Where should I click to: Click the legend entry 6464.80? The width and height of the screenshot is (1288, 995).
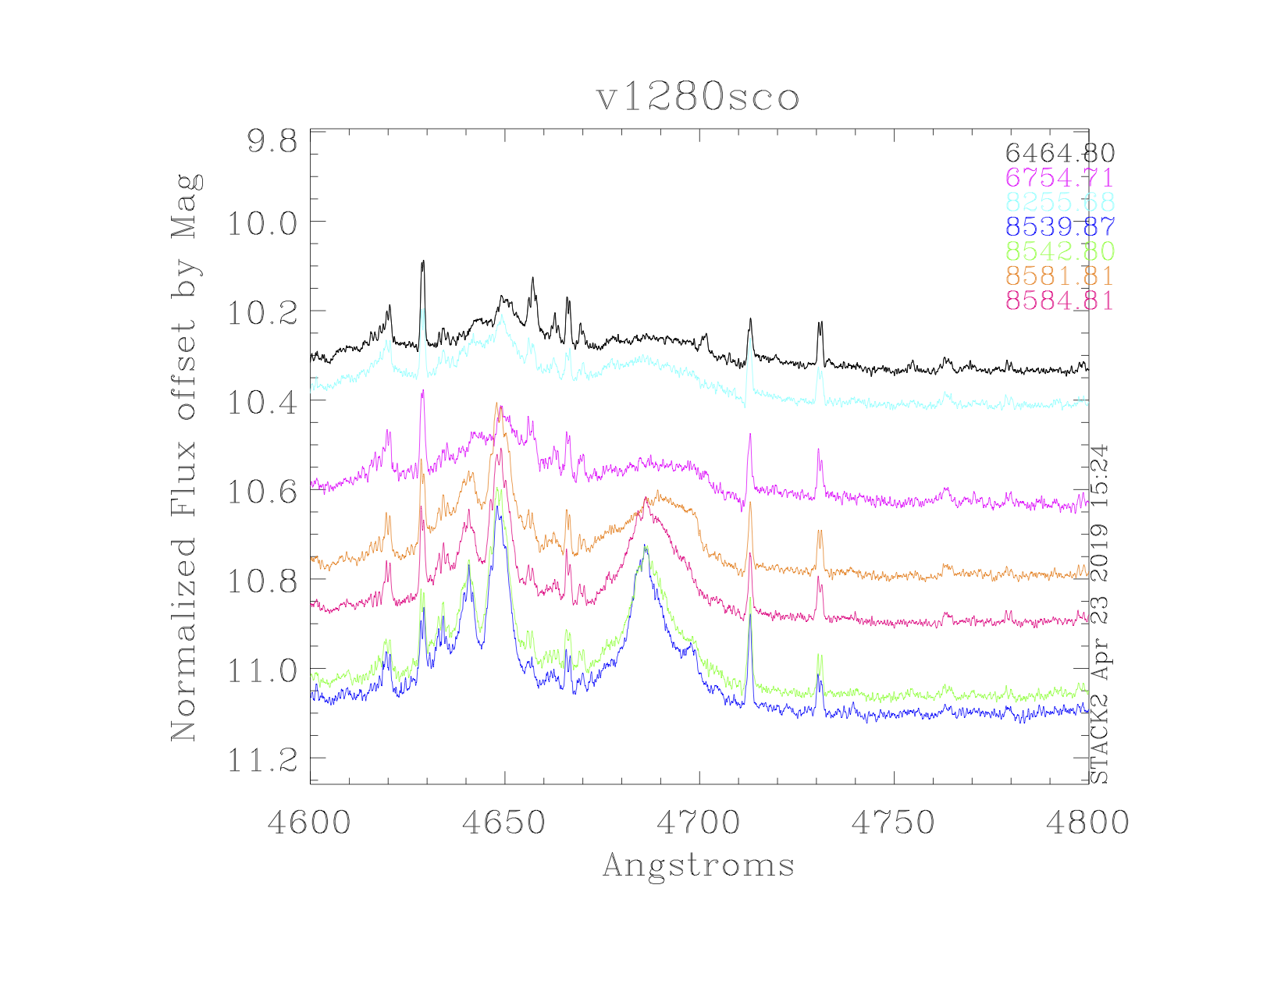[1059, 153]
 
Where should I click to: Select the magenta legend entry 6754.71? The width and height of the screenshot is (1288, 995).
[1059, 178]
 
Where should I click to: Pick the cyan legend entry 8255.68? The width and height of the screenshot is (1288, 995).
[1059, 202]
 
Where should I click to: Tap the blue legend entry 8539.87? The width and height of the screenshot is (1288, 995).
[1059, 227]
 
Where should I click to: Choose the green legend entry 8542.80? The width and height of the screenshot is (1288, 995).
[1059, 251]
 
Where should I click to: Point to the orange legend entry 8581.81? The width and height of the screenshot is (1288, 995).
[1059, 276]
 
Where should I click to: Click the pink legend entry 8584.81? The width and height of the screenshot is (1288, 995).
[1059, 300]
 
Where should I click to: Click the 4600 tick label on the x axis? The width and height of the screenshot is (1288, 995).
[309, 823]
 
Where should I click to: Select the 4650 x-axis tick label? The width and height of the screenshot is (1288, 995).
[504, 823]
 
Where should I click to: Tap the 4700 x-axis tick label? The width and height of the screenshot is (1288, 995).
[699, 823]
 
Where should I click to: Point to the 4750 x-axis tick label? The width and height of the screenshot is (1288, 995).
[893, 823]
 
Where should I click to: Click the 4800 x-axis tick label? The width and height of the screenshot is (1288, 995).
[1087, 823]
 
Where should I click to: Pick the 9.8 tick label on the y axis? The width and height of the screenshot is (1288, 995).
[272, 143]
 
